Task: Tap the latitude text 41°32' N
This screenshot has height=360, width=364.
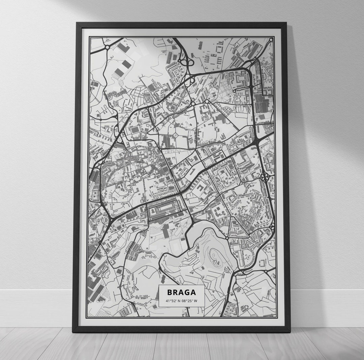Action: pos(173,301)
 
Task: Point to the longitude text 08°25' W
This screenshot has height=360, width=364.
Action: pos(190,301)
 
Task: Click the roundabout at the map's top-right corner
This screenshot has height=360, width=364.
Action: pos(271,40)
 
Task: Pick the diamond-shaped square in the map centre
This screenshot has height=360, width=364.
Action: pos(176,135)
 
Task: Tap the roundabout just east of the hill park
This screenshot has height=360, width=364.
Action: pos(227,238)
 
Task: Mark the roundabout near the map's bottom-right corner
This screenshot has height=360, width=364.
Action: pos(265,271)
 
